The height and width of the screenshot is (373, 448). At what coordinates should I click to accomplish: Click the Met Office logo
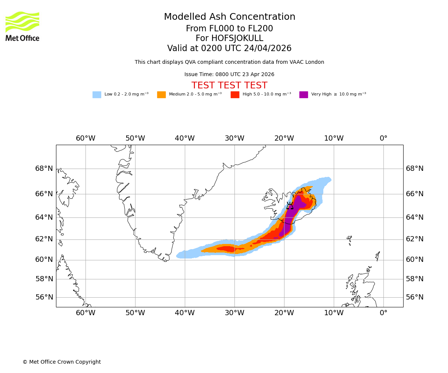[x=22, y=26]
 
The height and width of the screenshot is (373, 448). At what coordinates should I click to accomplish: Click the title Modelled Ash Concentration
[x=229, y=17]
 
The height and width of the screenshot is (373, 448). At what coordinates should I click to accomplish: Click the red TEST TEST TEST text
[x=229, y=86]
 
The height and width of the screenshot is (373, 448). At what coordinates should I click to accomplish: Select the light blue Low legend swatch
[x=97, y=95]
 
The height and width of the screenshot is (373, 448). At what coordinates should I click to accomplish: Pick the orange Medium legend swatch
[x=161, y=95]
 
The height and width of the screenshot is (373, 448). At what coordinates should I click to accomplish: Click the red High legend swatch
[x=235, y=95]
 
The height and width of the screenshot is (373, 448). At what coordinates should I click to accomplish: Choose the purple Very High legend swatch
[x=304, y=95]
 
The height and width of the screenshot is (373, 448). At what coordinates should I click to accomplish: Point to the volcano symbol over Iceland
[x=290, y=206]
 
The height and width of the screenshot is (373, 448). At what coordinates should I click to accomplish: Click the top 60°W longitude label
[x=85, y=138]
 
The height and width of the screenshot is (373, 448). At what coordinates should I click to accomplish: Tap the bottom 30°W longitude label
[x=234, y=313]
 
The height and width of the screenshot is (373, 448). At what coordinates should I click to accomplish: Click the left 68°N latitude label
[x=44, y=169]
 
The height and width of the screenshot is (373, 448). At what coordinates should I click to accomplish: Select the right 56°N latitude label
[x=415, y=297]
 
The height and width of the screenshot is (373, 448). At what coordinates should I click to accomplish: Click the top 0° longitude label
[x=383, y=138]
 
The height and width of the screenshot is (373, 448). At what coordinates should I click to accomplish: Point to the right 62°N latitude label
[x=415, y=239]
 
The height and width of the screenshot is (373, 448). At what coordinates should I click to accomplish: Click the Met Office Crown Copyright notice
[x=62, y=362]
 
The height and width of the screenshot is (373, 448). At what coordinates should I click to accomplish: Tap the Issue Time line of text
[x=229, y=75]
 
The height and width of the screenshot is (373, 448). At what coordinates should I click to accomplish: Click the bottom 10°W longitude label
[x=334, y=313]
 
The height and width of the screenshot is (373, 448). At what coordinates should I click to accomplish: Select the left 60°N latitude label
[x=44, y=260]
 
